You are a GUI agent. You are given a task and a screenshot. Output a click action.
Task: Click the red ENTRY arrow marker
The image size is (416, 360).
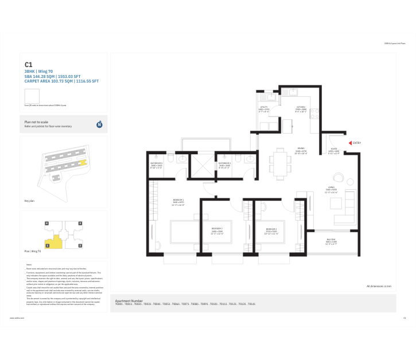pos(350,143)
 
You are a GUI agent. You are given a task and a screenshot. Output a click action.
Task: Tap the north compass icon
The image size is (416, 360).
pos(99,124)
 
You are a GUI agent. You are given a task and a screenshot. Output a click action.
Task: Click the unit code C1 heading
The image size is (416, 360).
pos(28,65)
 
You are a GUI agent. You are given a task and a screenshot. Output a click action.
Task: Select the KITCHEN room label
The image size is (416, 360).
pos(301,107)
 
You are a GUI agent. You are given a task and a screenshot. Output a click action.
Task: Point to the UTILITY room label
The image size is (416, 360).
pos(264,107)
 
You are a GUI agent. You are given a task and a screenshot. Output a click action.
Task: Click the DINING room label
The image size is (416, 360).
pos(301,148)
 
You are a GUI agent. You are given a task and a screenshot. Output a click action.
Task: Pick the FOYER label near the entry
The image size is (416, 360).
pos(333,151)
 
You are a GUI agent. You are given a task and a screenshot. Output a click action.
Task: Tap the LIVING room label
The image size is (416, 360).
pos(331,187)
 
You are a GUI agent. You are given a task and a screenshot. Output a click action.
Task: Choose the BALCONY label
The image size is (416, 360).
pos(331,240)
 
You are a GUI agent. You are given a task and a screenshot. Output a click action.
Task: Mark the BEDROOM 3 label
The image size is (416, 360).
pos(271,229)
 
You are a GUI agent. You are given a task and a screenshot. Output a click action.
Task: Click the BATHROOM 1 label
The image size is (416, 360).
pos(157,163)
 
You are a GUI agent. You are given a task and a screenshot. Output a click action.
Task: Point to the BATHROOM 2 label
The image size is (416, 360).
pos(224,163)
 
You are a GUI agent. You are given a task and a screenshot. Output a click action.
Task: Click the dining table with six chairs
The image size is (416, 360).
pos(279,162)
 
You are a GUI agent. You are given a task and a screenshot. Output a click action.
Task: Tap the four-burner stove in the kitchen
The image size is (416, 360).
pos(314,111)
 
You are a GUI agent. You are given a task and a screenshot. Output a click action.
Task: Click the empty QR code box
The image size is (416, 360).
pos(32,96)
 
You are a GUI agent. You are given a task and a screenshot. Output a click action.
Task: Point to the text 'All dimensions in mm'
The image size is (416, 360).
pos(379,285)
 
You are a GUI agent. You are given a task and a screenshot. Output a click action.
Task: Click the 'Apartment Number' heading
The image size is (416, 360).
pos(129,300)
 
